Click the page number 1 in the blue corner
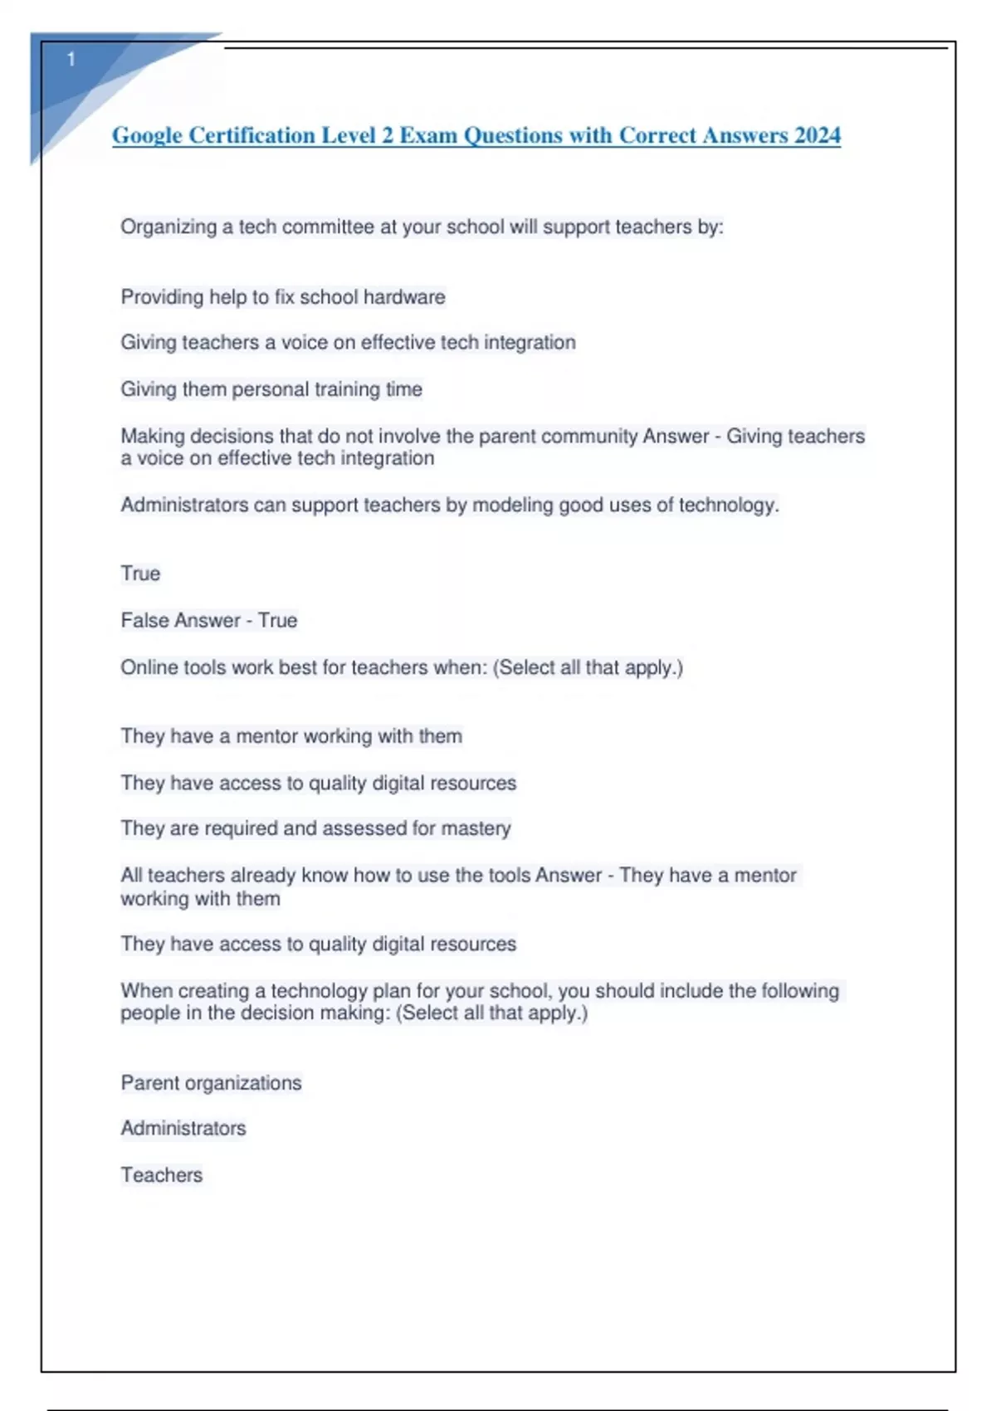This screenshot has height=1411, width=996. point(71,60)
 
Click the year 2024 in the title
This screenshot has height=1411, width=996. point(817,135)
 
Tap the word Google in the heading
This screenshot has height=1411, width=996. point(147,135)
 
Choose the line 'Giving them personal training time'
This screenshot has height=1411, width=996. point(271,389)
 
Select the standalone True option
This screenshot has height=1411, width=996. point(140,574)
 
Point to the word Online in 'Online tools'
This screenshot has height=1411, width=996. point(147,667)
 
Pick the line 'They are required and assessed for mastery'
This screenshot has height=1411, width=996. point(315,828)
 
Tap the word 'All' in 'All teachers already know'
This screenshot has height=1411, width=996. point(131,875)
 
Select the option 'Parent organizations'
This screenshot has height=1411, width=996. point(211,1083)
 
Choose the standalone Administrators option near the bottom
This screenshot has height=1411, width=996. point(183,1128)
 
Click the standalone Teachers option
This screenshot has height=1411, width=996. point(162,1175)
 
